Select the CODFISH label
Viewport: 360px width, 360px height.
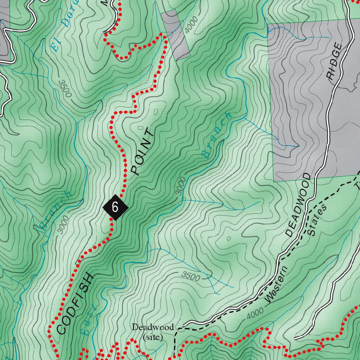pos(75,303)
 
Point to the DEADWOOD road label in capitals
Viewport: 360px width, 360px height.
pos(298,204)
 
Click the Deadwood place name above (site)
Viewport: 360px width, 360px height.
pos(153,327)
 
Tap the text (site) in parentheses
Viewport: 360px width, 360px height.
pos(153,337)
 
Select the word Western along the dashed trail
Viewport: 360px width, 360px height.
pos(276,285)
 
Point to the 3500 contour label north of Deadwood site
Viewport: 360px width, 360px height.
pos(191,277)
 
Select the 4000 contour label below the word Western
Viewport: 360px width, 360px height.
pos(255,313)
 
